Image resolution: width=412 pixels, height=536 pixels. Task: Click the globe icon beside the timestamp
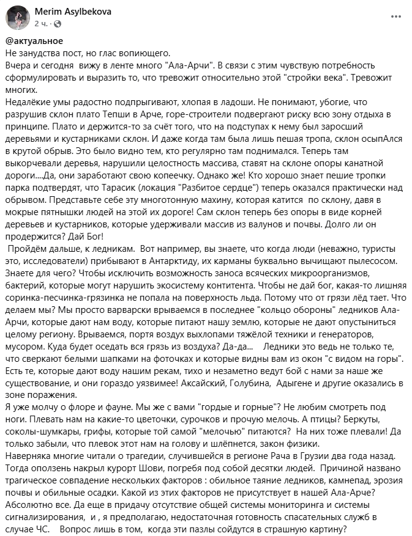click(x=58, y=24)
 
